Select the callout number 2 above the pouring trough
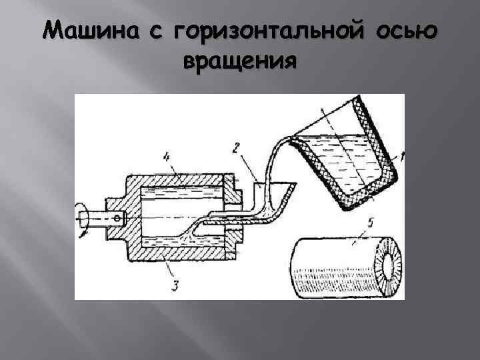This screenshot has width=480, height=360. pyautogui.click(x=235, y=149)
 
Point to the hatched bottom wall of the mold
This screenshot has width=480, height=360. pyautogui.click(x=180, y=253)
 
